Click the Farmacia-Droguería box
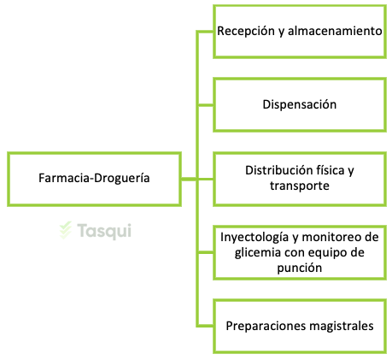click(x=94, y=179)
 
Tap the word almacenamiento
click(x=335, y=31)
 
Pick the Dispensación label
click(x=300, y=104)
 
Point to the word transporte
click(x=300, y=186)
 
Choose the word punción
click(x=300, y=268)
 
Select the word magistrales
click(x=341, y=326)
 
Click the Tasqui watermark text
click(x=104, y=231)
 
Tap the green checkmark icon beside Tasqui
click(x=66, y=230)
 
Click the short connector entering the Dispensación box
click(x=205, y=105)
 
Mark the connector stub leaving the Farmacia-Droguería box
click(x=189, y=179)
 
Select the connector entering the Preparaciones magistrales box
click(x=205, y=326)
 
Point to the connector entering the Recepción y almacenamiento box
click(x=205, y=32)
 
